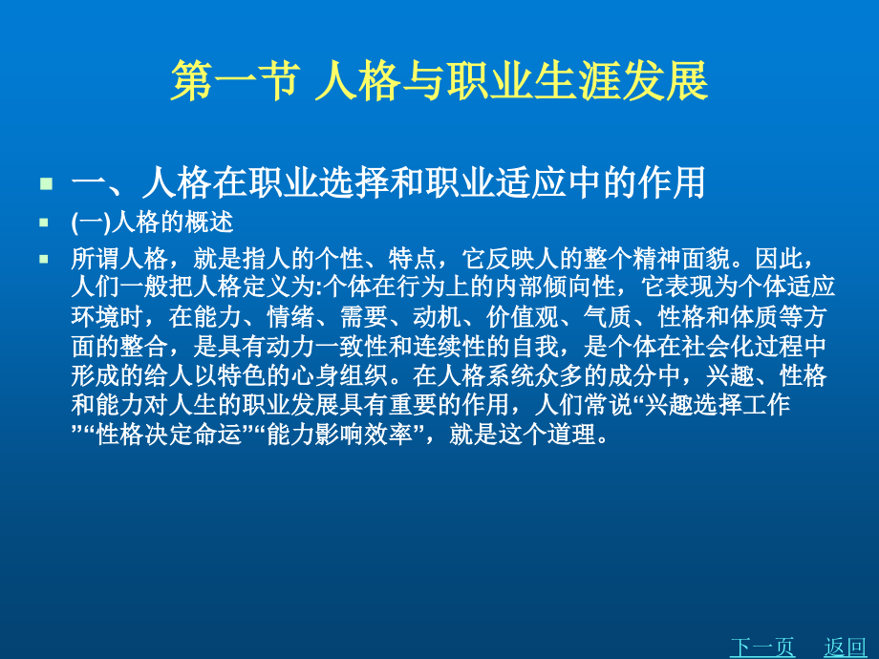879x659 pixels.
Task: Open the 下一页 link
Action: (761, 647)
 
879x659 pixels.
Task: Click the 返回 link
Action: (845, 647)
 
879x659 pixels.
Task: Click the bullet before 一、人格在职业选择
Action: (44, 181)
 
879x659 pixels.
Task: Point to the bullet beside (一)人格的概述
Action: (44, 223)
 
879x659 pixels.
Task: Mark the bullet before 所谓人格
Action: (44, 259)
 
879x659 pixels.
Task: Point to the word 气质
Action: (621, 317)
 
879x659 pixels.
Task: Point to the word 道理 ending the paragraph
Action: (578, 436)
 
